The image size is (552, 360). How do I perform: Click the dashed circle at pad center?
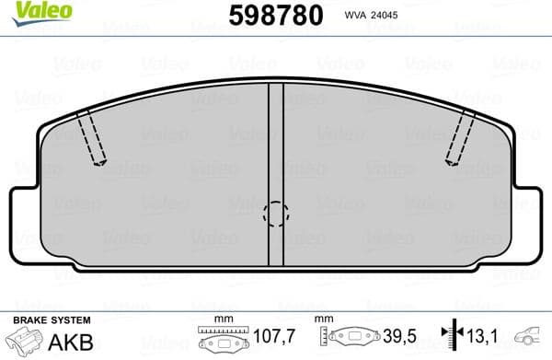click(x=275, y=215)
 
